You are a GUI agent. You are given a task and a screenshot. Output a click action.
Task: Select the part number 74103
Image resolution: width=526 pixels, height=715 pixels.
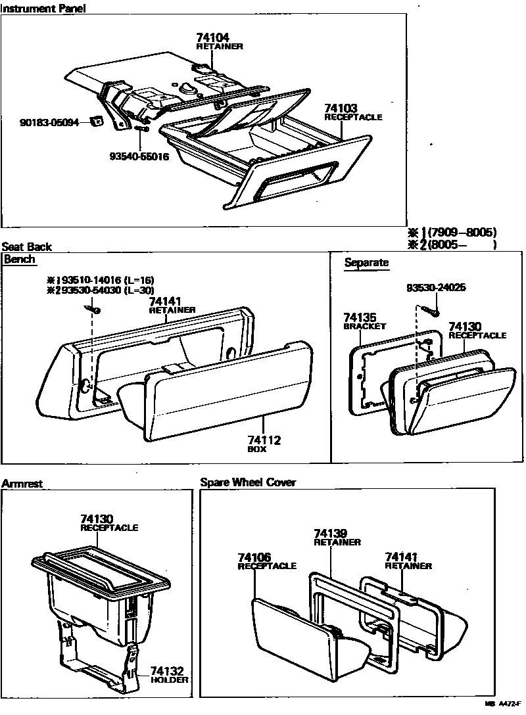341,108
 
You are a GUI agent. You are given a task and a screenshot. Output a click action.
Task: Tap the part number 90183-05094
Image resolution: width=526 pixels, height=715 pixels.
49,122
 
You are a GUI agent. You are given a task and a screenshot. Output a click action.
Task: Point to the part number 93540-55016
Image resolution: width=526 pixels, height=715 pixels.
139,156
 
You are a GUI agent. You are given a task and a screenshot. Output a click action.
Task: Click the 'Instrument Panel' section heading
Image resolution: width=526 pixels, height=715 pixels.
43,8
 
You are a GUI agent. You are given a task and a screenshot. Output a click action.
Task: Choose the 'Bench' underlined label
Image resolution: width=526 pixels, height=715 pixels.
19,259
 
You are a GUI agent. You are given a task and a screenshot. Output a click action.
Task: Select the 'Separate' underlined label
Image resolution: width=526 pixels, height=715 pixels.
366,263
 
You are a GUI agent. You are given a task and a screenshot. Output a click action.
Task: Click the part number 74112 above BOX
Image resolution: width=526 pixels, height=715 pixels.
264,440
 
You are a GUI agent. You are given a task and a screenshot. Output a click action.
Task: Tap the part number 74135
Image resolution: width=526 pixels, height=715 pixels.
359,317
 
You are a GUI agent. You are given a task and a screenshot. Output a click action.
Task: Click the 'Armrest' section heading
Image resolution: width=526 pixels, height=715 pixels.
22,483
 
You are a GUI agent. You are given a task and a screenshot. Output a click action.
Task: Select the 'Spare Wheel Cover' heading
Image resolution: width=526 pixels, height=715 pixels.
248,482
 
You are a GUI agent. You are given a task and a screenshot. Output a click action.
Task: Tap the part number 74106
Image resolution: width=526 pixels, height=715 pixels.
254,557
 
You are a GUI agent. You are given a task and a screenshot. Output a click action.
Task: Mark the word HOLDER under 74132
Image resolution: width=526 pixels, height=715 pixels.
169,680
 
